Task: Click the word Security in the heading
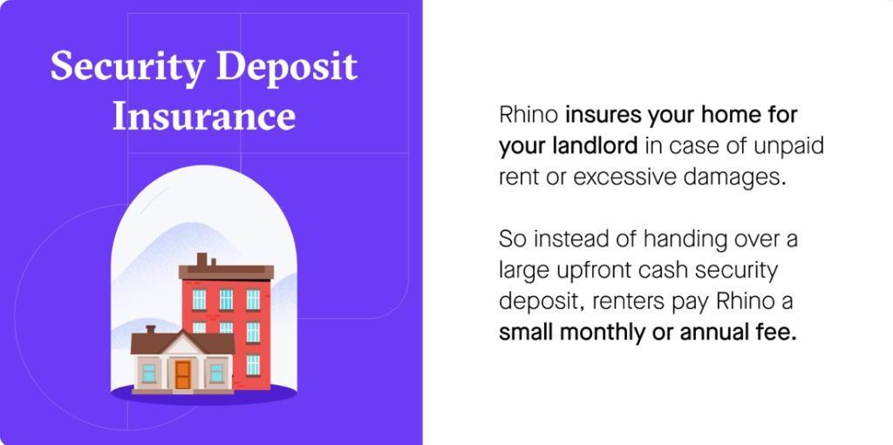tap(127, 69)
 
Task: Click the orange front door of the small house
tap(183, 374)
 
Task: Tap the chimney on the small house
tap(150, 329)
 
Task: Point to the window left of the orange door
tap(148, 374)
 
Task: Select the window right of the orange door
tap(216, 374)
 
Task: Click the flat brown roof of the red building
tap(226, 272)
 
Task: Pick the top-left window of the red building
tap(199, 300)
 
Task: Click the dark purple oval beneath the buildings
tap(203, 394)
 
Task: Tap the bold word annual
tap(712, 333)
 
